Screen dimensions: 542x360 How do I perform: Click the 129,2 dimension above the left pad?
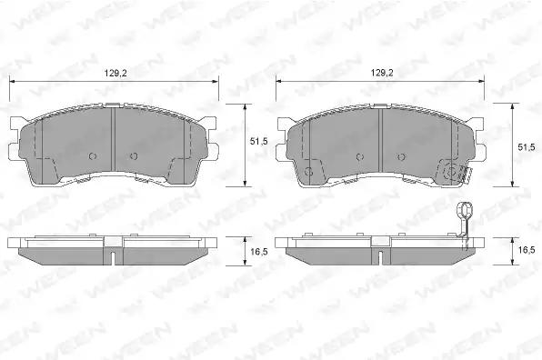115,74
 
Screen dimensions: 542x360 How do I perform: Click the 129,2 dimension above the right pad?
382,73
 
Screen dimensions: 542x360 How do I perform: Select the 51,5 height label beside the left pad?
258,142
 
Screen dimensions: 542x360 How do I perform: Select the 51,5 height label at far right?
527,147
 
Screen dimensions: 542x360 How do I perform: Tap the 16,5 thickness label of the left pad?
259,252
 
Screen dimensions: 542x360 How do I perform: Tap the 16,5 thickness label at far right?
527,250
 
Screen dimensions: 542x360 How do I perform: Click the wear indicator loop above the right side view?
464,210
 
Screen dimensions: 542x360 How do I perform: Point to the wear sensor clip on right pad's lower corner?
466,174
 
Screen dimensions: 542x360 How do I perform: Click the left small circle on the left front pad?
92,156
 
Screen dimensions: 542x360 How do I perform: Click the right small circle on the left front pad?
134,156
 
